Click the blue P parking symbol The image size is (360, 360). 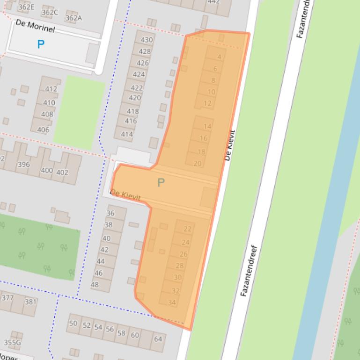(x=41, y=44)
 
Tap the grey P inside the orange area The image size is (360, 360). (x=161, y=183)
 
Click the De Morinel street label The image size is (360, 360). (x=35, y=26)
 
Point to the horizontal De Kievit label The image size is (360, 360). (x=125, y=195)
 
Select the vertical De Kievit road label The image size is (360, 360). (x=229, y=145)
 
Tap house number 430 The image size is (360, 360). (x=147, y=40)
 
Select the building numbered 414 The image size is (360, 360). (x=127, y=134)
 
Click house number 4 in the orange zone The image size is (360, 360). (x=219, y=57)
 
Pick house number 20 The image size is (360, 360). (x=198, y=163)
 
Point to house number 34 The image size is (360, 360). (x=171, y=302)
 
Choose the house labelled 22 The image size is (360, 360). (x=187, y=229)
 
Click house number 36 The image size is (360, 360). (x=110, y=213)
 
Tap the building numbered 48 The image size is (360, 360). (x=95, y=284)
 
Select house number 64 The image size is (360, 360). (x=158, y=339)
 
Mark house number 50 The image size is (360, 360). (x=73, y=323)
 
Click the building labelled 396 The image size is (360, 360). (x=23, y=165)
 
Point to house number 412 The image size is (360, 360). (x=51, y=89)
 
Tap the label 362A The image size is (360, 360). (x=73, y=18)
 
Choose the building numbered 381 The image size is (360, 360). (x=30, y=302)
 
